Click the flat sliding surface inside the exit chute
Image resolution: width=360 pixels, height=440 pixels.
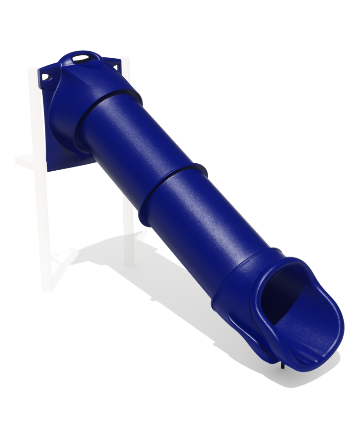coord(305,328)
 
